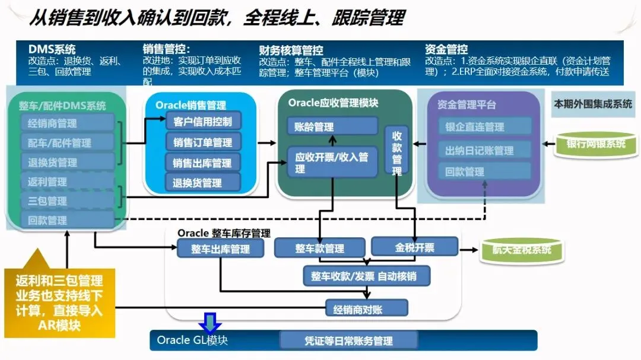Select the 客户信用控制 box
coord(203,122)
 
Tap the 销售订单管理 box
coord(203,142)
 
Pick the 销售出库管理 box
coord(203,163)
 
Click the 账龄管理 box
coord(332,126)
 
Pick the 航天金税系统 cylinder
coord(522,250)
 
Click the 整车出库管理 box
coord(221,249)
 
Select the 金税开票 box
coord(414,247)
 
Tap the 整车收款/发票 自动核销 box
coord(367,276)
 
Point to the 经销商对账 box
coord(366,308)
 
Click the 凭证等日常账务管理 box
coord(349,340)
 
